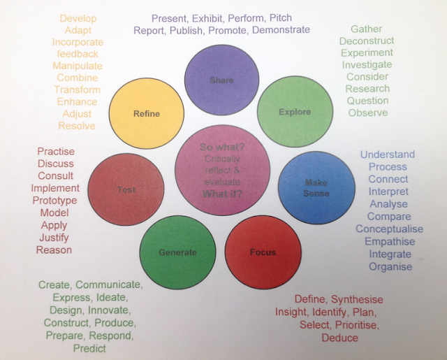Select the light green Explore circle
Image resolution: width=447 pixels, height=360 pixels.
point(293,112)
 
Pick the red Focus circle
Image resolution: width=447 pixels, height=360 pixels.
point(263,252)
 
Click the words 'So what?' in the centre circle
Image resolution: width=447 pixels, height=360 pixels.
point(221,148)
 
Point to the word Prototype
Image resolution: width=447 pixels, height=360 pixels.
point(54,200)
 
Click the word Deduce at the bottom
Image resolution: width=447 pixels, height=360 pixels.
point(339,338)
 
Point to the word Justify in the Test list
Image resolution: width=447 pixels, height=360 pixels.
point(54,237)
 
